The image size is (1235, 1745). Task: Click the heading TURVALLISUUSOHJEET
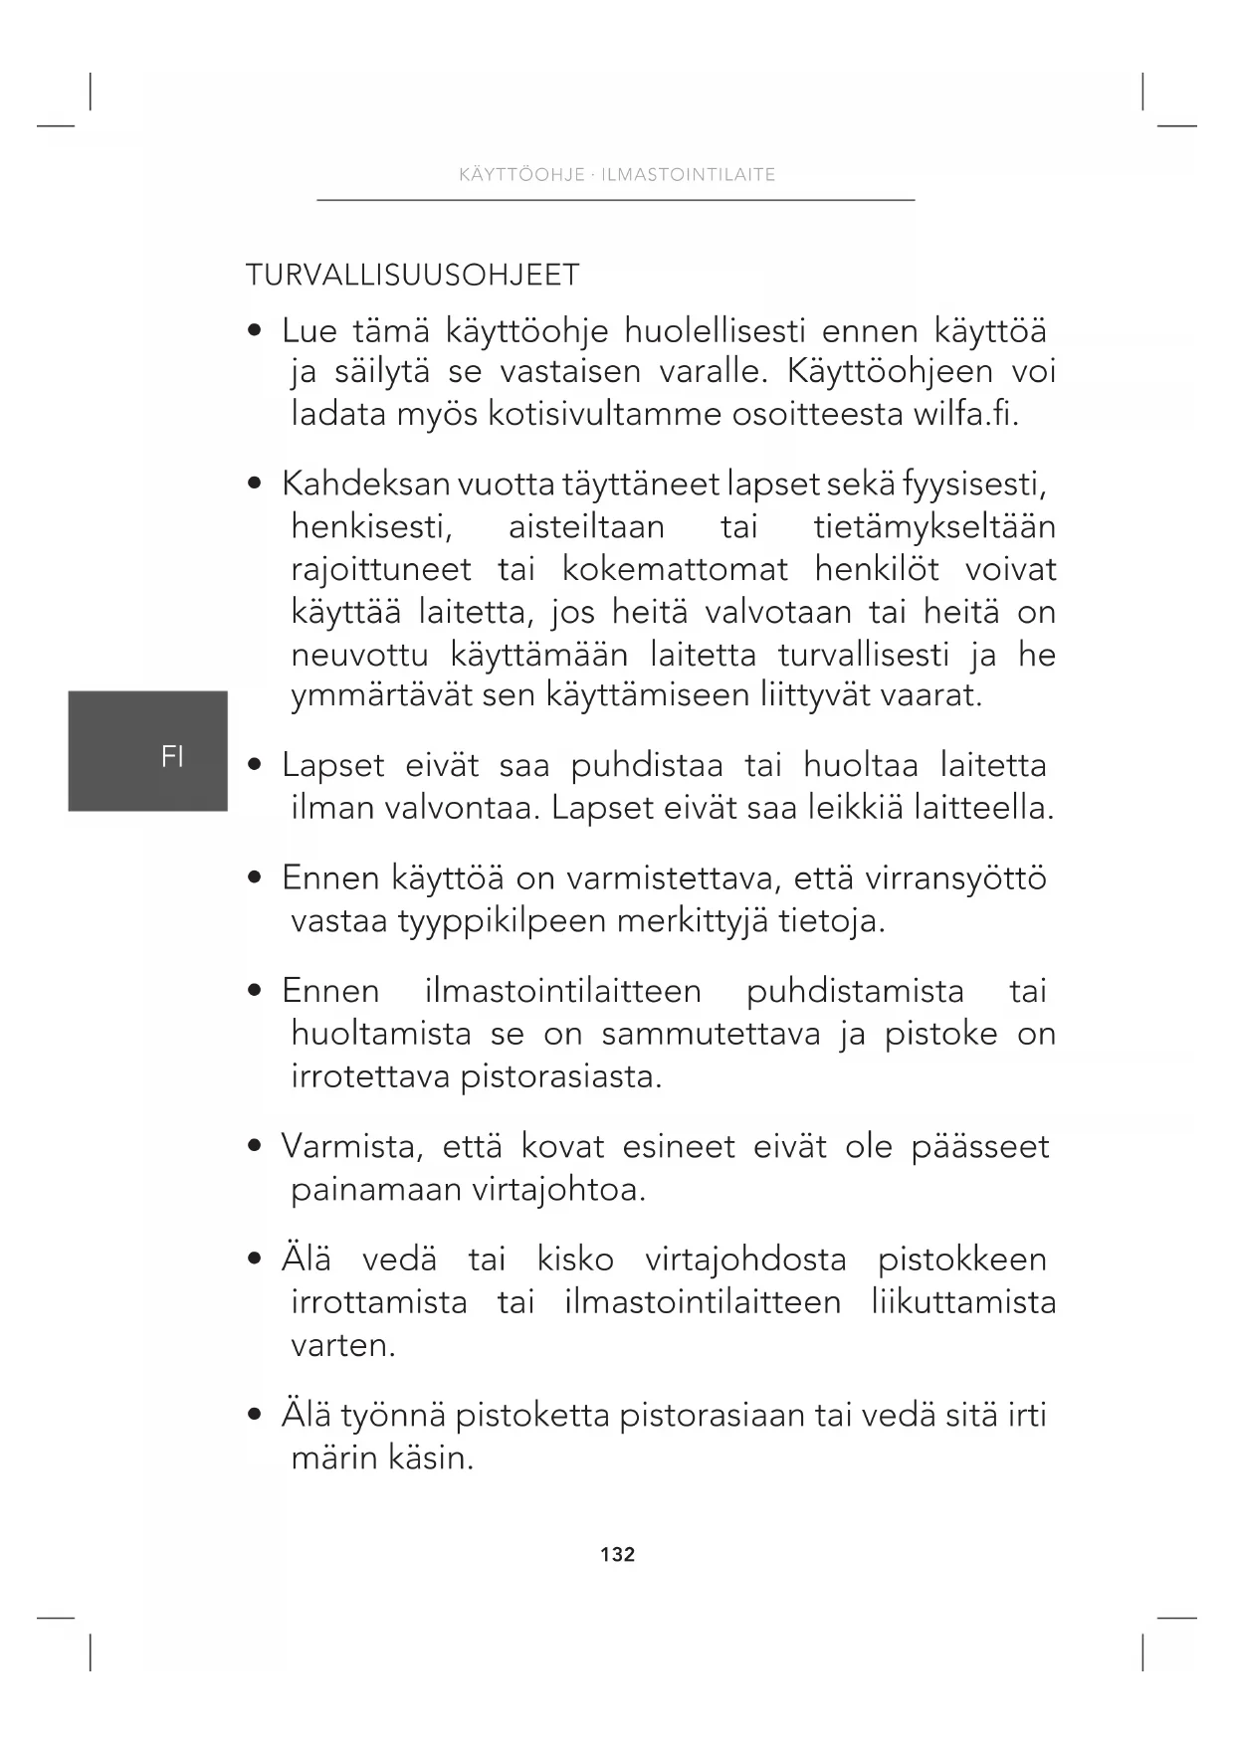(x=412, y=276)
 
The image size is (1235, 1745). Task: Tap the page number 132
(x=617, y=1554)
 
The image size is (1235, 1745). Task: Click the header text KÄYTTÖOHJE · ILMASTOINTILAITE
(x=617, y=175)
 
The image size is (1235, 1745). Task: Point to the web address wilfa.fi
(x=965, y=414)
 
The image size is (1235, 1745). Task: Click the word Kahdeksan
(x=365, y=485)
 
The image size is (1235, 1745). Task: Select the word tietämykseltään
(x=933, y=527)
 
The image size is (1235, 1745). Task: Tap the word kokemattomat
(x=675, y=570)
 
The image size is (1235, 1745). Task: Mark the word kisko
(x=575, y=1260)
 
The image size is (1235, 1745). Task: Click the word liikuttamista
(x=962, y=1302)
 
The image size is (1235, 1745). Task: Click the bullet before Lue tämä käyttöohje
(x=257, y=330)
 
